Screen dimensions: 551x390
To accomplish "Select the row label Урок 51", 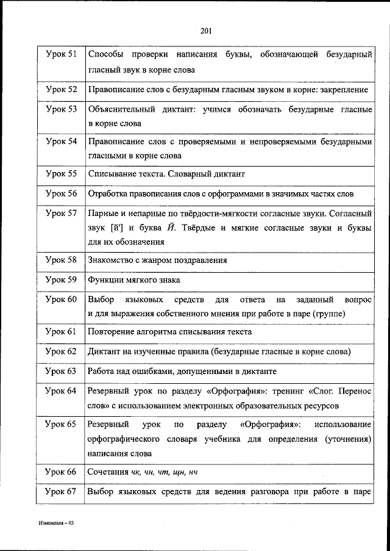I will pos(61,56).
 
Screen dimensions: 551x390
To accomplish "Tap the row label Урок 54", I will pos(61,142).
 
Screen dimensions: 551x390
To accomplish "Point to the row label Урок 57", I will pos(61,214).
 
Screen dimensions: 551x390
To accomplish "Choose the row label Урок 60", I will pos(61,300).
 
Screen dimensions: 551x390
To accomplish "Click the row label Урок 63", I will pos(61,370).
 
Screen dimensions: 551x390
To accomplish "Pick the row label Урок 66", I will pos(61,472).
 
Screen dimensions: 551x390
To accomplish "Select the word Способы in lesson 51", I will pos(105,56).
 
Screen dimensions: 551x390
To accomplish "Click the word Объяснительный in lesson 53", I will pos(120,110).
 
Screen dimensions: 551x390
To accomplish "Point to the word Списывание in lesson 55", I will pos(110,173).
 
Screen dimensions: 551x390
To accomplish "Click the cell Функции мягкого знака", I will pos(133,280).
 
